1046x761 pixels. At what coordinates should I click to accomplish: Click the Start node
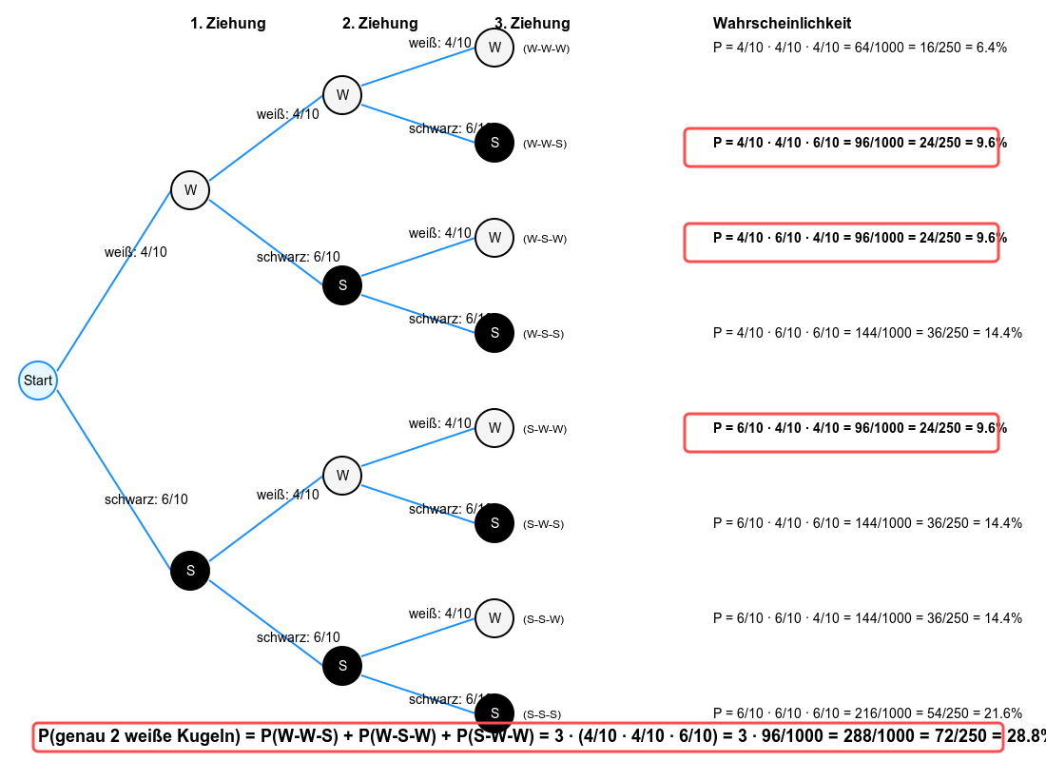point(38,380)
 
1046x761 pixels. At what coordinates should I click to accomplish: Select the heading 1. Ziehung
point(228,24)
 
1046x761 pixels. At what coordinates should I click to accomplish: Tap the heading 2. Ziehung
point(379,24)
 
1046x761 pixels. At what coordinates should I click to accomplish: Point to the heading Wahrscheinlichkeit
point(782,24)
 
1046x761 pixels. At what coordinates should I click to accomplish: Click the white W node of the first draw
point(190,190)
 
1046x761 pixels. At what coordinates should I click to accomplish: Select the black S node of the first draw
point(190,571)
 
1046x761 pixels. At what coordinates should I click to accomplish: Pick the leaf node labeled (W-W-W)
point(494,48)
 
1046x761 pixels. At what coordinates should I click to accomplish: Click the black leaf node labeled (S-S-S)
point(494,712)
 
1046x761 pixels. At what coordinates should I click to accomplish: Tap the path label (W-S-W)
point(545,239)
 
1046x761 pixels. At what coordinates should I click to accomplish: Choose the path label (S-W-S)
point(544,524)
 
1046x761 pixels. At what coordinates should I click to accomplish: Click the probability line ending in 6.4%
point(860,48)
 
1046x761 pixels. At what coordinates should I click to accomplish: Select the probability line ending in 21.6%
point(867,713)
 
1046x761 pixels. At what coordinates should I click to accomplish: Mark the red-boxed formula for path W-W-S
point(842,147)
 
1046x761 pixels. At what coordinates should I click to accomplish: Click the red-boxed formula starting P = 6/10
point(842,433)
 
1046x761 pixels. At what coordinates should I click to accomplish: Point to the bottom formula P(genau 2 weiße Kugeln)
point(518,737)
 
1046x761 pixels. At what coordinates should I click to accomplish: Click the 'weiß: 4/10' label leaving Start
point(135,252)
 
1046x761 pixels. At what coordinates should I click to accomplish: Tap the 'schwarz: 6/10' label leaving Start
point(145,499)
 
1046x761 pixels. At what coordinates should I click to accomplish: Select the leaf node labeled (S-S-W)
point(494,618)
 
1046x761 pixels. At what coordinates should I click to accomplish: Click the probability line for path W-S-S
point(867,333)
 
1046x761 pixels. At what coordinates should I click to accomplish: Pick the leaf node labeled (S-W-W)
point(494,428)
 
